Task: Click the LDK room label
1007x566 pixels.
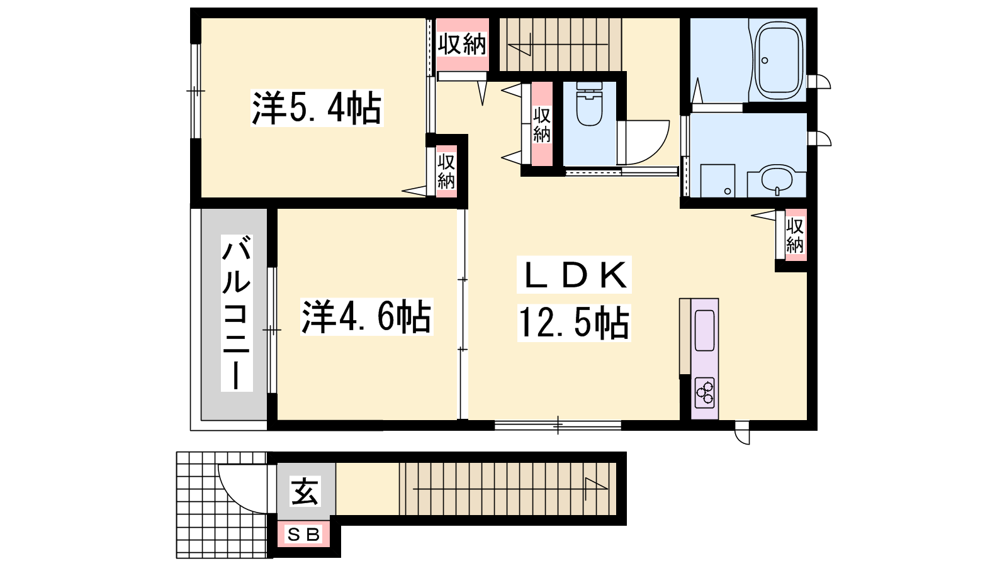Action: pyautogui.click(x=574, y=275)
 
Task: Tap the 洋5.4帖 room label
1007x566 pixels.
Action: pyautogui.click(x=317, y=108)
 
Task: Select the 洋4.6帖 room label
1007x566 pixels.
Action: pyautogui.click(x=366, y=317)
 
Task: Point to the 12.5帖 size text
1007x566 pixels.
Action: pyautogui.click(x=574, y=323)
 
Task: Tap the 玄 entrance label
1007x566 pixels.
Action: pyautogui.click(x=305, y=491)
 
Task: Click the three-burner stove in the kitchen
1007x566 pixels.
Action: pyautogui.click(x=704, y=393)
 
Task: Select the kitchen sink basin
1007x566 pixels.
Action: pyautogui.click(x=704, y=331)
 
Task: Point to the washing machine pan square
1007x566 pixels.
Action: pyautogui.click(x=717, y=180)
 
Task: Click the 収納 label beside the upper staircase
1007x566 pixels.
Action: pyautogui.click(x=463, y=45)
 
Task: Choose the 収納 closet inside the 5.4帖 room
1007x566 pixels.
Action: pyautogui.click(x=446, y=172)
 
